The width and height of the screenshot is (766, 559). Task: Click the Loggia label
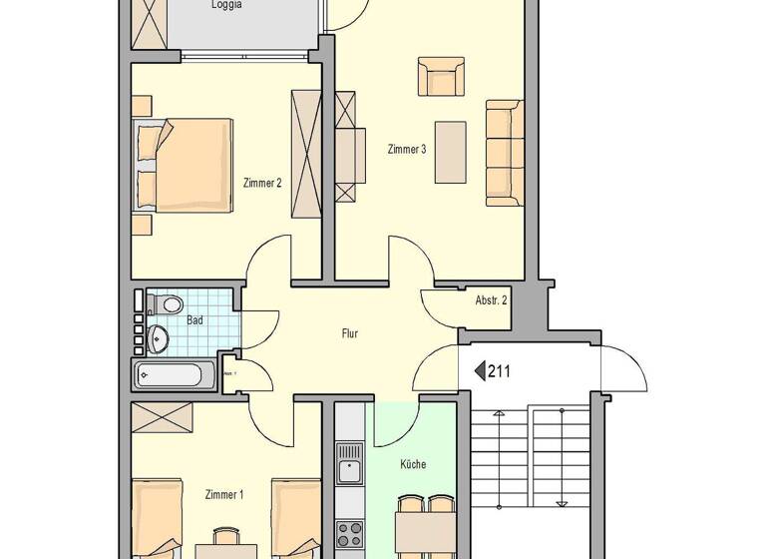(x=226, y=5)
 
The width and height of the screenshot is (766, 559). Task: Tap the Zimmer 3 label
(x=407, y=150)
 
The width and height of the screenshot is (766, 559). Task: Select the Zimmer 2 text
(x=262, y=183)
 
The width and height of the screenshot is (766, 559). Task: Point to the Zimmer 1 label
(x=223, y=494)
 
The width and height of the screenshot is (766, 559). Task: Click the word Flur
(x=349, y=333)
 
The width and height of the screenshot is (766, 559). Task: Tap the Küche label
(x=413, y=464)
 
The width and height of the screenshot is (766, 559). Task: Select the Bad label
(x=194, y=320)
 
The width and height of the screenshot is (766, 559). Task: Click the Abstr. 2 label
(x=492, y=299)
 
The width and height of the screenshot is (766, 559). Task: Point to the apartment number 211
(x=500, y=372)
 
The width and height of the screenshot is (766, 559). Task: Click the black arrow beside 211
(x=479, y=372)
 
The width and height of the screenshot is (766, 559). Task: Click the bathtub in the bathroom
(x=175, y=376)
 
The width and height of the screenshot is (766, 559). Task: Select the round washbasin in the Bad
(x=160, y=339)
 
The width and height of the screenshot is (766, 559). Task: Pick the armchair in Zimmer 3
(x=441, y=77)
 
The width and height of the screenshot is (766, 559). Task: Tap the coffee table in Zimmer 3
(x=451, y=152)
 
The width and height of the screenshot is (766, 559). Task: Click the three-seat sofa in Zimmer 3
(x=504, y=153)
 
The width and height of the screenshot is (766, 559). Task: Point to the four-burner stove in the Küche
(x=349, y=534)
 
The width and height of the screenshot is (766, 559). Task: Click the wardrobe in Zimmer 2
(x=305, y=153)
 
